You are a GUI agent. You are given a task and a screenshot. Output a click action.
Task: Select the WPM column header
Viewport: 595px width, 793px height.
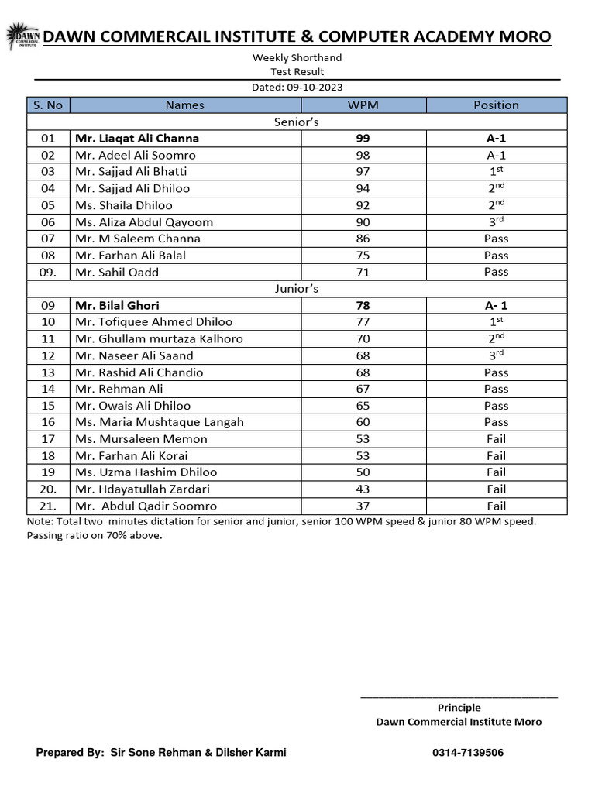363,105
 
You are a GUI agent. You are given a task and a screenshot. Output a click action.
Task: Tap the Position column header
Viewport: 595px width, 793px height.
496,105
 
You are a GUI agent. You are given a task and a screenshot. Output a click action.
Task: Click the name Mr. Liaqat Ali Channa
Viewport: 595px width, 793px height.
137,139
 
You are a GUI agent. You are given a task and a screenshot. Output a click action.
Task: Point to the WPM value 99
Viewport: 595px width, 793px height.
363,139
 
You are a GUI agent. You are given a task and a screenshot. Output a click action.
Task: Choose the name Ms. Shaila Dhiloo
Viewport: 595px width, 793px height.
124,205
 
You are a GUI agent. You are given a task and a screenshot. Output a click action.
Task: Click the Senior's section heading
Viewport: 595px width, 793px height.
297,122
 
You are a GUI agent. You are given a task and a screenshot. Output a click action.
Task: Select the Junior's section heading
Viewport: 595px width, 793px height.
297,289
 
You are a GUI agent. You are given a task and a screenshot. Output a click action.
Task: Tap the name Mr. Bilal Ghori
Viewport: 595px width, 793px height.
117,305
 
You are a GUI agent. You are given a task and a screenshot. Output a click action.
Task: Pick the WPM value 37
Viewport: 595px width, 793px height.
363,506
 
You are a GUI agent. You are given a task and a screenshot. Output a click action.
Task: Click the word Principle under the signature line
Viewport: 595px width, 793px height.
459,708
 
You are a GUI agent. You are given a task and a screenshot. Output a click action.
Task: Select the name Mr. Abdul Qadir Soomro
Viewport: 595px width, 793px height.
146,506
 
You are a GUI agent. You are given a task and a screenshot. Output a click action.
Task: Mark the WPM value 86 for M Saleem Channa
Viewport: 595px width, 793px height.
363,239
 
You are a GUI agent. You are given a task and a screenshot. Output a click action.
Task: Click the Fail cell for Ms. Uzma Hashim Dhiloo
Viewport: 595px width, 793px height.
496,472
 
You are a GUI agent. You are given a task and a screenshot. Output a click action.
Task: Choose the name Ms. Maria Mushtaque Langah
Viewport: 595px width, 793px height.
160,422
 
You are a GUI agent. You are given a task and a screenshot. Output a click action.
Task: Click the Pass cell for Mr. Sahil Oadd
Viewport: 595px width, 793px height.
496,272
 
